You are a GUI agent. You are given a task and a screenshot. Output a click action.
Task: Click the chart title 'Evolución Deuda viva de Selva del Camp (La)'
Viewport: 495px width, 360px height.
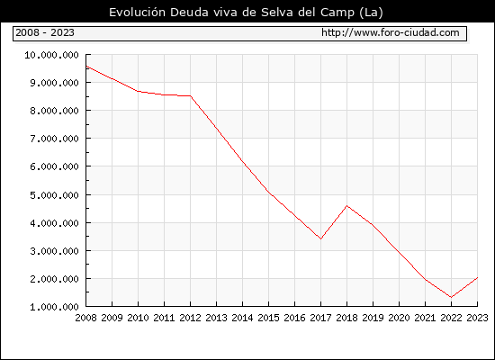pyautogui.click(x=246, y=13)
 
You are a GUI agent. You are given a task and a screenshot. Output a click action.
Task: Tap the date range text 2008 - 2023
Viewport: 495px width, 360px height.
pyautogui.click(x=45, y=32)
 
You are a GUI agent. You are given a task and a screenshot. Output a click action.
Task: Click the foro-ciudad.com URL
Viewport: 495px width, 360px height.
pyautogui.click(x=391, y=32)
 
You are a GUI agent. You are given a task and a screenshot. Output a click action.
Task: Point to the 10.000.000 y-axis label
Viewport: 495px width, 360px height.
pyautogui.click(x=52, y=55)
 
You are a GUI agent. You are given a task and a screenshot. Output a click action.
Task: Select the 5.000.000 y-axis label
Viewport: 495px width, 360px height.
pyautogui.click(x=54, y=195)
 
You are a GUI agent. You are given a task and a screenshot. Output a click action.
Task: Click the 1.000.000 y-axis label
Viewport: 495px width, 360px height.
pyautogui.click(x=54, y=307)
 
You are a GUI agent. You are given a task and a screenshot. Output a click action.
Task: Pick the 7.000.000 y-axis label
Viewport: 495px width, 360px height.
pyautogui.click(x=54, y=139)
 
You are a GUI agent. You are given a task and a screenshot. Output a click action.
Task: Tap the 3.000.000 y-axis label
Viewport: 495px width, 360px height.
pyautogui.click(x=54, y=251)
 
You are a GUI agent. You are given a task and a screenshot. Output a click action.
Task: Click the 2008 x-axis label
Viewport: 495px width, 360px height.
pyautogui.click(x=85, y=318)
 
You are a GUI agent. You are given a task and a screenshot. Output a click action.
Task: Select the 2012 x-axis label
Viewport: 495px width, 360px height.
pyautogui.click(x=191, y=318)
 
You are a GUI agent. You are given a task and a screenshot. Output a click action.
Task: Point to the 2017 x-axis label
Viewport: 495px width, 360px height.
pyautogui.click(x=320, y=318)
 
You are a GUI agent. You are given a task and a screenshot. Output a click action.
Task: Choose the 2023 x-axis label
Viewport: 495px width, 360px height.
pyautogui.click(x=477, y=318)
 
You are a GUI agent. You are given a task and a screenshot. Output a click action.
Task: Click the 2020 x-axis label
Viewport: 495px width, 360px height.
pyautogui.click(x=399, y=318)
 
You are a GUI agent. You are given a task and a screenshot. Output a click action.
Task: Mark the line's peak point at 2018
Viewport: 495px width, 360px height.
pyautogui.click(x=346, y=206)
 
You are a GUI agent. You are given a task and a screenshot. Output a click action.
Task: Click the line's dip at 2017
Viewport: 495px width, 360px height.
pyautogui.click(x=320, y=238)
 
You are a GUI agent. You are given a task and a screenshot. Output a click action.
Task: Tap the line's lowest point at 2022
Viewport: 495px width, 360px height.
pyautogui.click(x=451, y=297)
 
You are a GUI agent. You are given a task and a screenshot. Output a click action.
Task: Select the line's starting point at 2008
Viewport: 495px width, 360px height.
pyautogui.click(x=86, y=67)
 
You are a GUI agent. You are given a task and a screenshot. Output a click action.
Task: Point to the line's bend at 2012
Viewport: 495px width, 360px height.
pyautogui.click(x=191, y=95)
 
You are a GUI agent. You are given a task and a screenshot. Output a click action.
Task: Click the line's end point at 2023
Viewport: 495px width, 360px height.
pyautogui.click(x=477, y=277)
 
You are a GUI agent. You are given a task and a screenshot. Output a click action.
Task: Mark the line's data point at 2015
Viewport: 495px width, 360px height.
pyautogui.click(x=269, y=192)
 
